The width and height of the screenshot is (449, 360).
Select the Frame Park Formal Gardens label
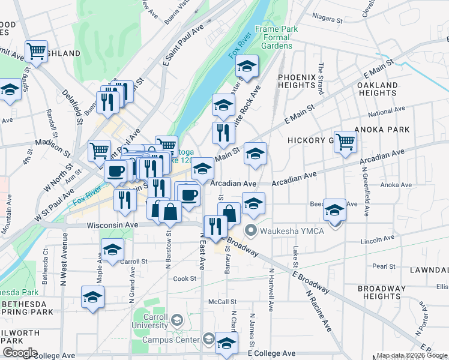tap(273, 37)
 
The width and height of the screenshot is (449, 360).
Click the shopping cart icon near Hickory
tap(345, 142)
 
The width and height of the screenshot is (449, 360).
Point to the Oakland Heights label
tap(377, 89)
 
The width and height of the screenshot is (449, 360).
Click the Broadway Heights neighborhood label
tap(382, 292)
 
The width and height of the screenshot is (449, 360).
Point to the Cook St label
tap(185, 279)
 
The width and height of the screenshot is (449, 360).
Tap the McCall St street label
tap(223, 302)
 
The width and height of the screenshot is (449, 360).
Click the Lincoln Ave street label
tap(376, 241)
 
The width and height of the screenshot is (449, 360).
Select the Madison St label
tap(49, 143)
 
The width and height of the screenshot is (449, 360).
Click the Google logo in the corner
tap(19, 353)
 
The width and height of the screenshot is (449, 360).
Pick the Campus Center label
tap(170, 340)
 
